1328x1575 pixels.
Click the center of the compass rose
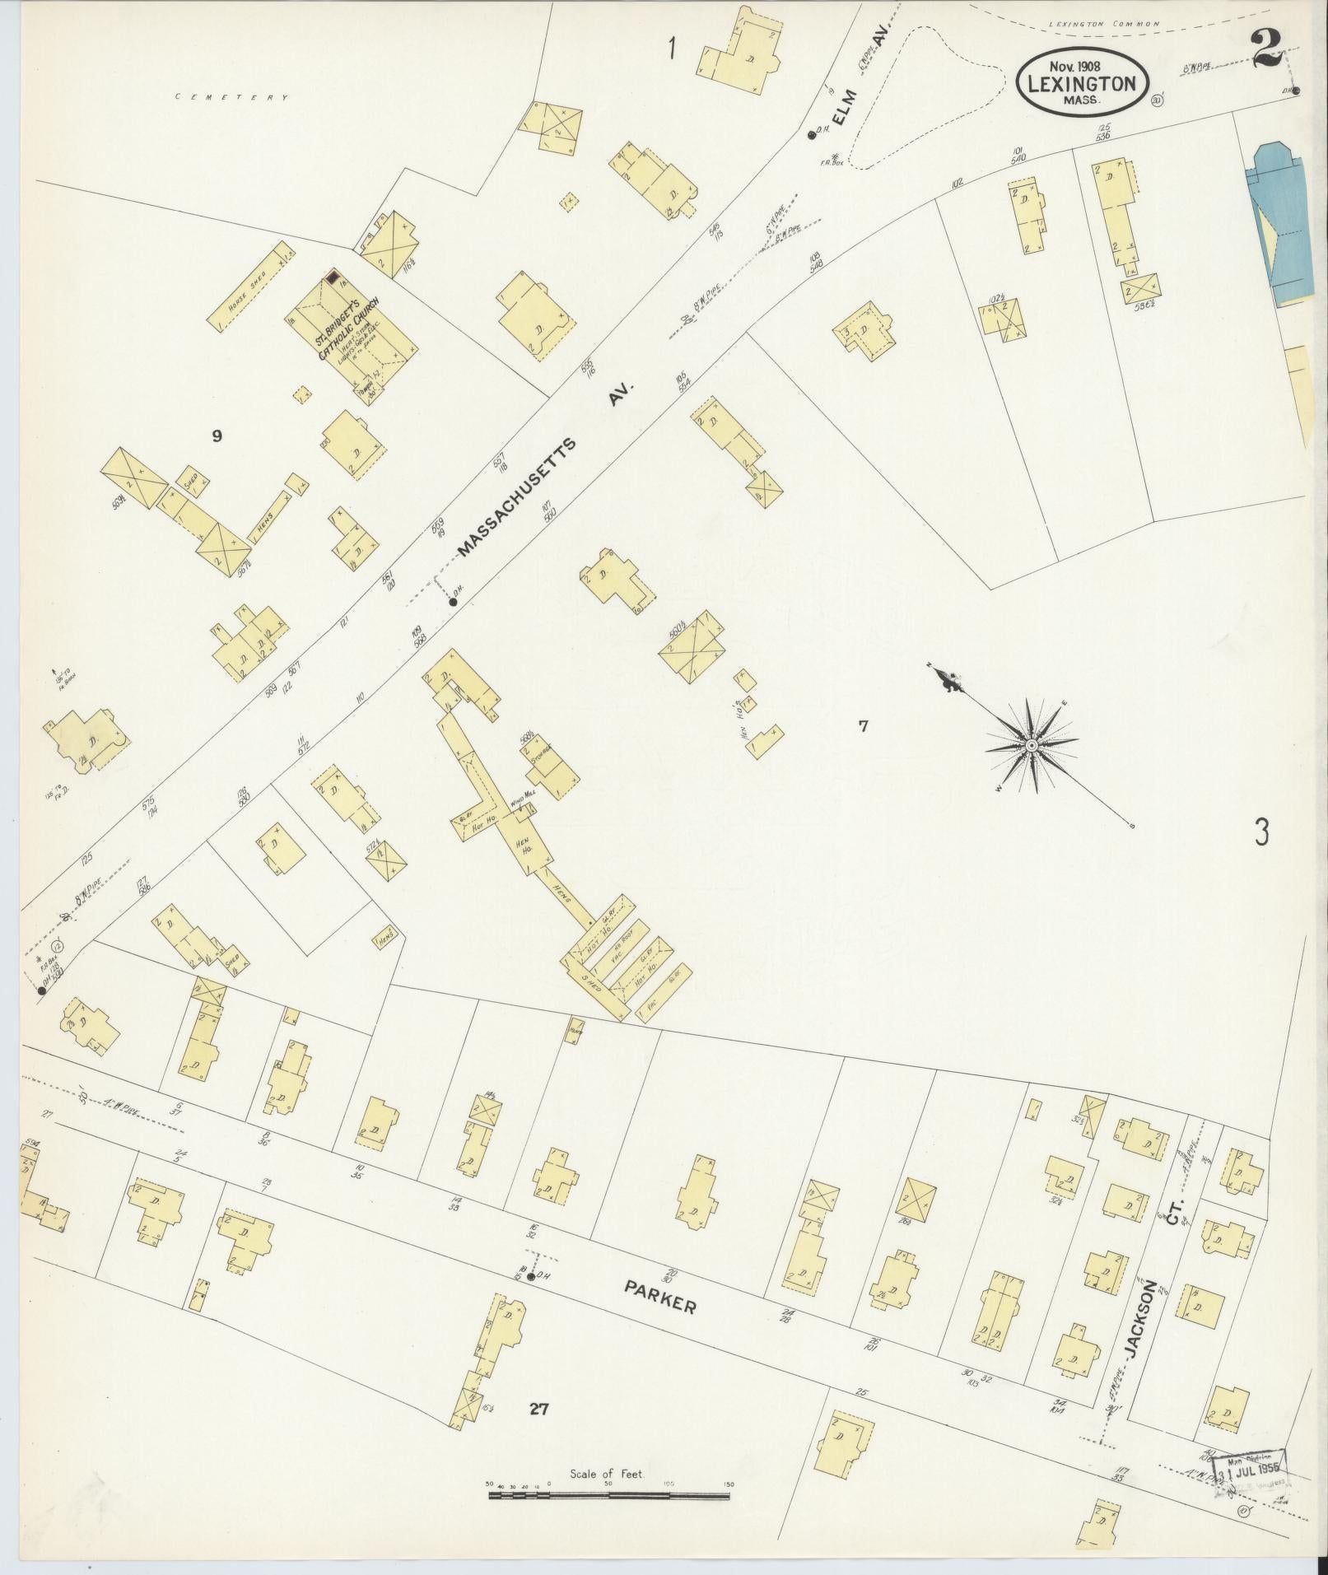click(1031, 745)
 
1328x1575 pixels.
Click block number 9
click(217, 436)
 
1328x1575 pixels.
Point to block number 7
click(862, 726)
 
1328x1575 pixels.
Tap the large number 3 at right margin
click(1261, 833)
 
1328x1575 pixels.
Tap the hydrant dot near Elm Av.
click(811, 133)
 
